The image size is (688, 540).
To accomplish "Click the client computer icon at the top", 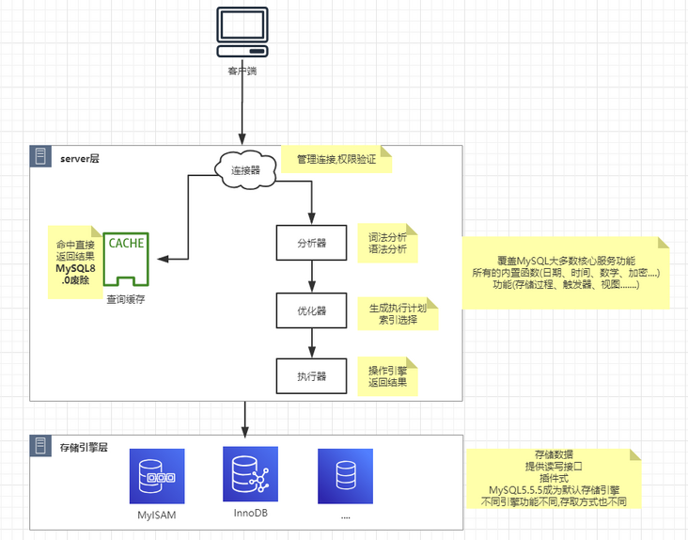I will [243, 32].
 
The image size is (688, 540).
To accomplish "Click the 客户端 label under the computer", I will [243, 71].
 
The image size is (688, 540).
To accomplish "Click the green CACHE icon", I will [126, 259].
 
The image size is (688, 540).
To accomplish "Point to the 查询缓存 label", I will [126, 298].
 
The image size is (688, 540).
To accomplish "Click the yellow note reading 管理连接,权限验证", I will [336, 160].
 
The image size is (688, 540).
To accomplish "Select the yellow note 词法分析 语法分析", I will [387, 242].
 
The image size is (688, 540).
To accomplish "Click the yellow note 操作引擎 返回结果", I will [387, 376].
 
